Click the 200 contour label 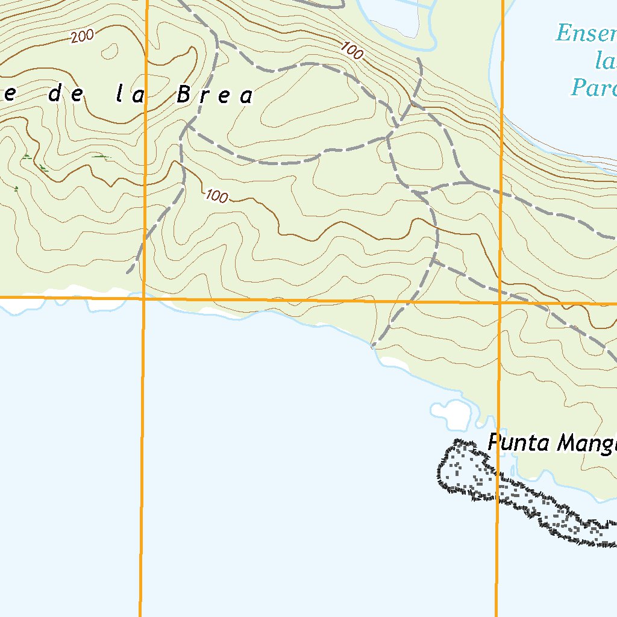82,37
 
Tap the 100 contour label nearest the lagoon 353,50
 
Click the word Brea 215,95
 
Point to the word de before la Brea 64,94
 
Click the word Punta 518,443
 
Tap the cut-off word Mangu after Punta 587,444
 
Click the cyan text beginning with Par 594,87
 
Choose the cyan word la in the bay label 605,60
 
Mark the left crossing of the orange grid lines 144,298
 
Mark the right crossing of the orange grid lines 500,302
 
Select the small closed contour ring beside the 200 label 110,52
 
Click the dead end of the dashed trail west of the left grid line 128,272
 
